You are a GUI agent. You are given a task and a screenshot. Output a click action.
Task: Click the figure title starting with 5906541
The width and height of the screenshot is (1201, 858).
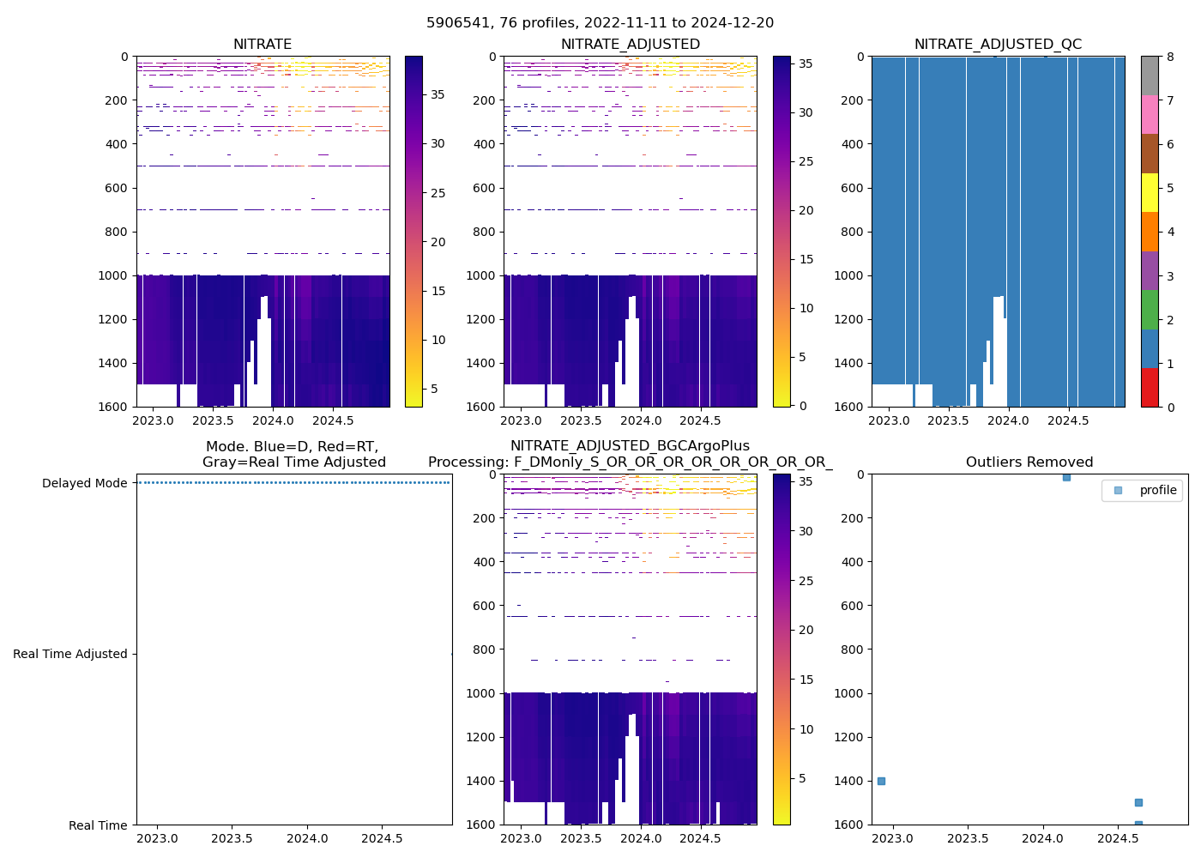tap(600, 23)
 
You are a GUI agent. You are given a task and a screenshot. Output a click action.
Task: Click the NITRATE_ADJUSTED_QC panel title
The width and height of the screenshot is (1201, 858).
tap(998, 45)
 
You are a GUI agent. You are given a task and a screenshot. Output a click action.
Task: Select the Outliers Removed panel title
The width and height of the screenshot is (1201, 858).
tap(1029, 462)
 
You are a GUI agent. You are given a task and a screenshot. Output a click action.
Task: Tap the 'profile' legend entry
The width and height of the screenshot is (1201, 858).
tap(1157, 490)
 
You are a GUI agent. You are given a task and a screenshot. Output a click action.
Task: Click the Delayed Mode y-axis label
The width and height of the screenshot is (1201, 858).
tap(84, 483)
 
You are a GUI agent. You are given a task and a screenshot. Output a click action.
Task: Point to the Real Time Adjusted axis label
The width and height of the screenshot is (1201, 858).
tap(69, 654)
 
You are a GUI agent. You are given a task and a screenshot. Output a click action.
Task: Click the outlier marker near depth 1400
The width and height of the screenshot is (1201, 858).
tap(881, 781)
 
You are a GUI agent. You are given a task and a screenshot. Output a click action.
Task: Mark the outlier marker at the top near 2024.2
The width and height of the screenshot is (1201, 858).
tap(1066, 477)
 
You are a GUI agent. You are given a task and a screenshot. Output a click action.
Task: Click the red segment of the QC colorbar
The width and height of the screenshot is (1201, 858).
tap(1150, 387)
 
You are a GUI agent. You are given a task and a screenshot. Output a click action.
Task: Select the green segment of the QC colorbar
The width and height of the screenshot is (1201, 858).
tap(1150, 309)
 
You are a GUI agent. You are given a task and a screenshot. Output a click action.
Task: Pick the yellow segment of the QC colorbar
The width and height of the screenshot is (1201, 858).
tap(1150, 192)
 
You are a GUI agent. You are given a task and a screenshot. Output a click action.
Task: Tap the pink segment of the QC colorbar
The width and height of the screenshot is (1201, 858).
tap(1150, 114)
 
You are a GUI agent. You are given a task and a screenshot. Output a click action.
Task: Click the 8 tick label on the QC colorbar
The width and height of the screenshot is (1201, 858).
tap(1170, 57)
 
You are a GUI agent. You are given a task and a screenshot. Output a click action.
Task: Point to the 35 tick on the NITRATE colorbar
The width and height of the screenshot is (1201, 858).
tap(438, 94)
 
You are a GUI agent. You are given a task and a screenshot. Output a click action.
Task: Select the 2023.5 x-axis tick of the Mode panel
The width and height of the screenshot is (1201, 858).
tap(232, 838)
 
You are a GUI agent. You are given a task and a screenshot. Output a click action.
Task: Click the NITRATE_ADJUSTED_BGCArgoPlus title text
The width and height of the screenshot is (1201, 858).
tap(630, 446)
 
